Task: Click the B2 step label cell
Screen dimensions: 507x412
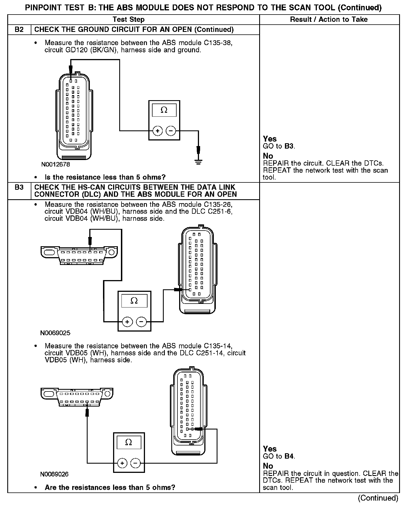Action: pyautogui.click(x=19, y=29)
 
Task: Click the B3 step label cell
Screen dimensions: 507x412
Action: pyautogui.click(x=19, y=187)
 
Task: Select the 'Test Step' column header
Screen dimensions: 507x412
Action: pyautogui.click(x=128, y=19)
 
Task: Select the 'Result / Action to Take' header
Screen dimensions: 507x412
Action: pyautogui.click(x=329, y=19)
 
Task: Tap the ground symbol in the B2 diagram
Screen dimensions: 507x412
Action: pyautogui.click(x=198, y=161)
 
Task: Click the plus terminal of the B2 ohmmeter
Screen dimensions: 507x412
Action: pyautogui.click(x=158, y=131)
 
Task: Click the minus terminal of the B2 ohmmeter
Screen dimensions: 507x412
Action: pyautogui.click(x=171, y=131)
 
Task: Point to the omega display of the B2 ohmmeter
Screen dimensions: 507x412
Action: pyautogui.click(x=164, y=110)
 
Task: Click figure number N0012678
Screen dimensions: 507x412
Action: pyautogui.click(x=56, y=165)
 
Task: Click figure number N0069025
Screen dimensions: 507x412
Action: pyautogui.click(x=55, y=333)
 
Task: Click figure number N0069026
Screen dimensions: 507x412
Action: pyautogui.click(x=54, y=474)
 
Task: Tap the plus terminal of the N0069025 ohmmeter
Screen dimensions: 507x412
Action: pyautogui.click(x=127, y=322)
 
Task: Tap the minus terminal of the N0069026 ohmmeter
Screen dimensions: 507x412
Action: pyautogui.click(x=135, y=463)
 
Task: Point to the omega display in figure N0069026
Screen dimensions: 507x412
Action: pyautogui.click(x=129, y=442)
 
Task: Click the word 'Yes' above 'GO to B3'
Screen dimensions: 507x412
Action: pyautogui.click(x=270, y=139)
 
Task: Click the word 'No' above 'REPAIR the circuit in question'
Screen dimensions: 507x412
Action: pyautogui.click(x=268, y=466)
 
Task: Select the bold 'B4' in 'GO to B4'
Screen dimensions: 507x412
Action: pyautogui.click(x=289, y=456)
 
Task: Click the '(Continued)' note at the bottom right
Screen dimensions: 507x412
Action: pyautogui.click(x=378, y=498)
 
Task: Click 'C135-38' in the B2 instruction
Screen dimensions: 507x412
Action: pyautogui.click(x=220, y=43)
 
